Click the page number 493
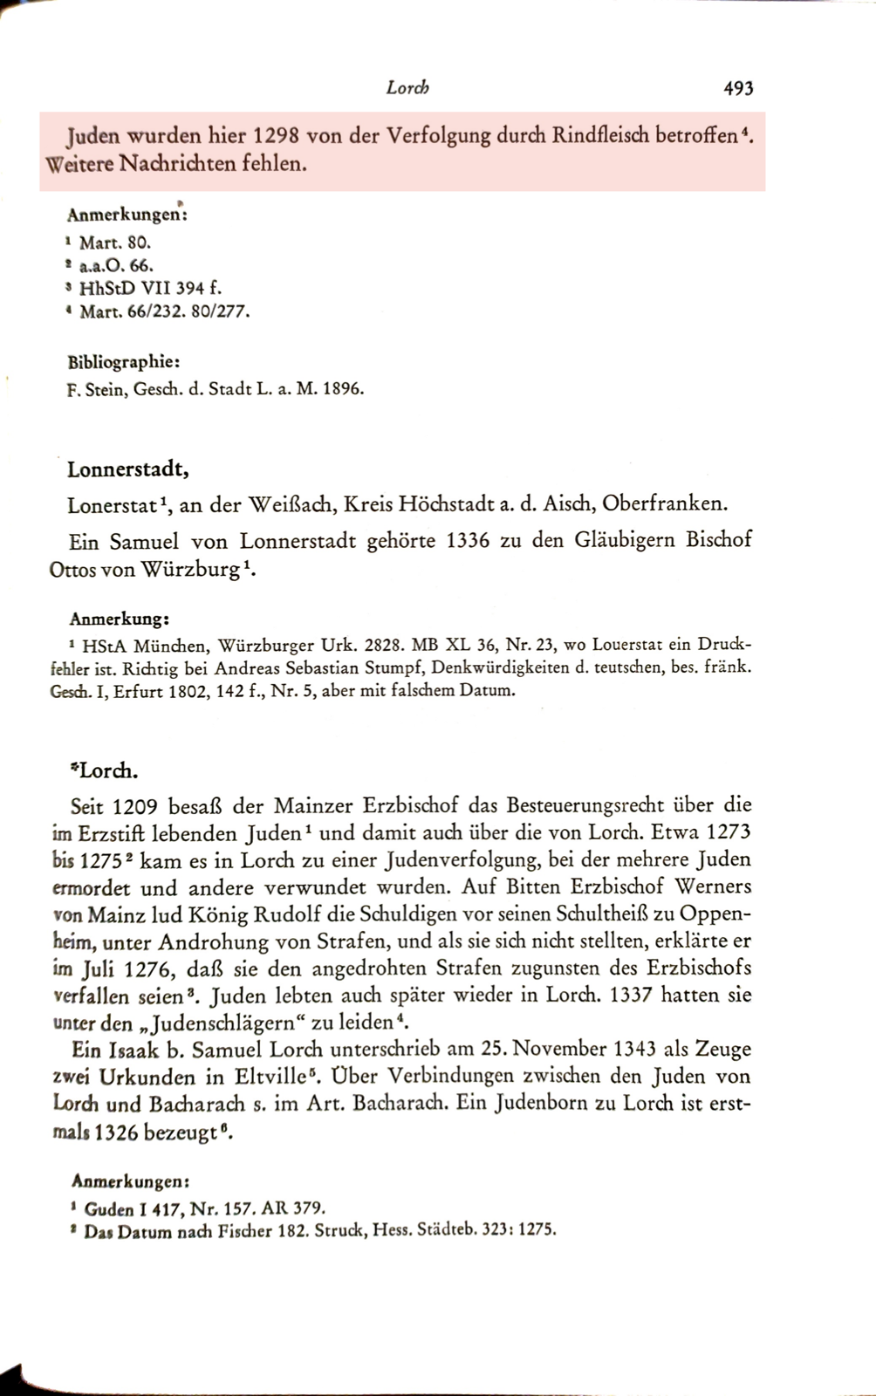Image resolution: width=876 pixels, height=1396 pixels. click(737, 88)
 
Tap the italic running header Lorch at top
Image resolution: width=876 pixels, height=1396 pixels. click(407, 88)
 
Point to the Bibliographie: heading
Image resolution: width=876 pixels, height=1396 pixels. click(124, 362)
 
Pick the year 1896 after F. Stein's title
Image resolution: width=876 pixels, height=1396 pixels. click(343, 389)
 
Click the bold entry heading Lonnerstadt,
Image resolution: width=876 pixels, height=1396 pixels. click(128, 469)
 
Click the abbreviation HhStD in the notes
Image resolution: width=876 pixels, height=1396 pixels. click(103, 288)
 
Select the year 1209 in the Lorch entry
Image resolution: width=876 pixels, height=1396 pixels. click(134, 804)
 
